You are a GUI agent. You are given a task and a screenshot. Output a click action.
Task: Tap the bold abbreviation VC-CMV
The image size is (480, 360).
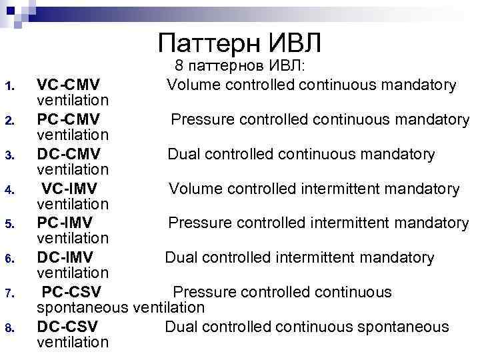pyautogui.click(x=69, y=85)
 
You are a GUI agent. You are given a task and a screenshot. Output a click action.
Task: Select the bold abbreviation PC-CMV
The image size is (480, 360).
pyautogui.click(x=69, y=119)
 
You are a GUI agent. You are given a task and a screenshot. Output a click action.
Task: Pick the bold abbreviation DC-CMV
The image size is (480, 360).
pyautogui.click(x=69, y=154)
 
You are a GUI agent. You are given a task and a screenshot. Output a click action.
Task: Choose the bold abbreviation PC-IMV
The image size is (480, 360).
pyautogui.click(x=65, y=223)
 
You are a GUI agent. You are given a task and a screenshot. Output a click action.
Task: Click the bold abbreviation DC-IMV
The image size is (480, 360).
pyautogui.click(x=65, y=257)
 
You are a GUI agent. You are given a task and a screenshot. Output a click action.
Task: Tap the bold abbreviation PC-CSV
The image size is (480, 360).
pyautogui.click(x=71, y=292)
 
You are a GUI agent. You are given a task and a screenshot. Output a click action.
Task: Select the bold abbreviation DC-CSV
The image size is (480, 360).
pyautogui.click(x=67, y=327)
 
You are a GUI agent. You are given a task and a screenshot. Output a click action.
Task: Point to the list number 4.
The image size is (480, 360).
pyautogui.click(x=9, y=190)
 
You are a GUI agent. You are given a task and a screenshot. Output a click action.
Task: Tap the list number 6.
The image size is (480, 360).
pyautogui.click(x=9, y=259)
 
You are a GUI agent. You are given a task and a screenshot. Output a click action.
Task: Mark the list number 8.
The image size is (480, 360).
pyautogui.click(x=9, y=328)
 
